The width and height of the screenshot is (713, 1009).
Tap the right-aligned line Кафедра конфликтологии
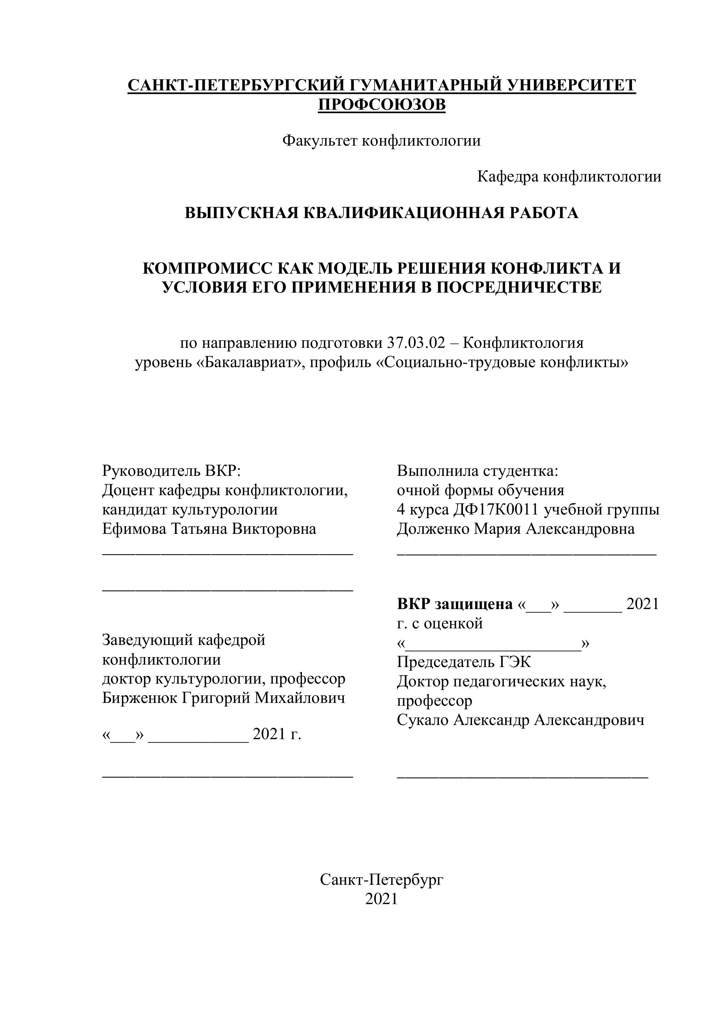(569, 177)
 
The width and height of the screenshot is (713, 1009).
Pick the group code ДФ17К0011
(496, 509)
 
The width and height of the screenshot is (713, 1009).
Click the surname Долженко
(432, 529)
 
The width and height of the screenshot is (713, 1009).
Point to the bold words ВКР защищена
(455, 604)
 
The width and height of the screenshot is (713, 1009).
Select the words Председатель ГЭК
(464, 662)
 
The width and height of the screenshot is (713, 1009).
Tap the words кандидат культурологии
(190, 509)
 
